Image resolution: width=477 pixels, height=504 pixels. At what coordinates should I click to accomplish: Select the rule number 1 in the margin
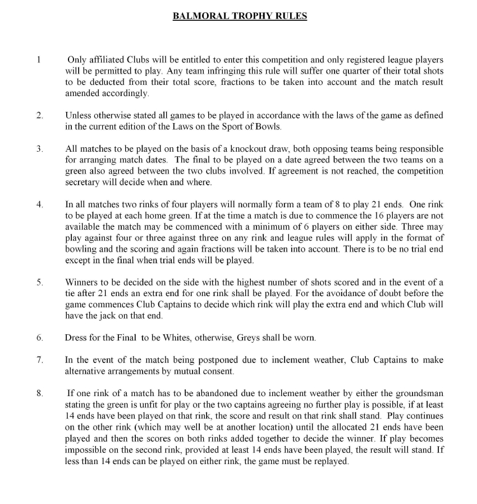39,60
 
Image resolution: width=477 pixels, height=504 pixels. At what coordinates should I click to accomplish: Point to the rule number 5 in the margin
39,282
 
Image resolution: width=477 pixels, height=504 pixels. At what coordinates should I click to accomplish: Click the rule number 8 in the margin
39,393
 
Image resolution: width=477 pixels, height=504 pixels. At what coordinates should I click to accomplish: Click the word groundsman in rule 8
419,393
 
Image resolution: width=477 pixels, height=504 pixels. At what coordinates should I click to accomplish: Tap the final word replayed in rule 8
331,460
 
